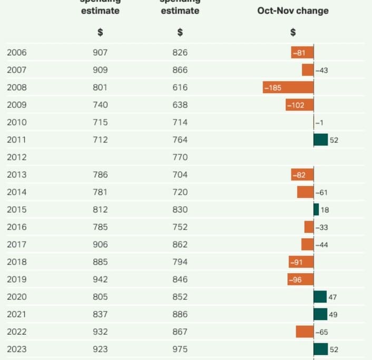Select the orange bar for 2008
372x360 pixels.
[288, 87]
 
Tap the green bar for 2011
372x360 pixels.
[320, 139]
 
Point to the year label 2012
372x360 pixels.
[16, 157]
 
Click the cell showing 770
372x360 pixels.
[180, 157]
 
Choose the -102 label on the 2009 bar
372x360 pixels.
[296, 105]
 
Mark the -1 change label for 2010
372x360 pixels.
[319, 123]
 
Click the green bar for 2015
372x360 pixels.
[316, 209]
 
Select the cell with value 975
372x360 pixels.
[180, 349]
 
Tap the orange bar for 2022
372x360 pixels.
[305, 332]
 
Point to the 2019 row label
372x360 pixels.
[16, 279]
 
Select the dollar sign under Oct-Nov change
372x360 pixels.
[293, 32]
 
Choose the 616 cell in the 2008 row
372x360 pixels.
[180, 87]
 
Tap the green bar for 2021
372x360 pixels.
[320, 314]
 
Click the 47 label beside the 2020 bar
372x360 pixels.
[332, 297]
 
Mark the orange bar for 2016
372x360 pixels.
[309, 227]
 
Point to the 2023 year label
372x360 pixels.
[16, 349]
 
